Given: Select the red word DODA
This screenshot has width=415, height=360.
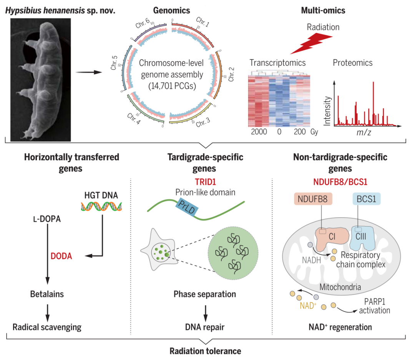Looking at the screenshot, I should [62, 256].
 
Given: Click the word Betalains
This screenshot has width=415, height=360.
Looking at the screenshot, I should [47, 294].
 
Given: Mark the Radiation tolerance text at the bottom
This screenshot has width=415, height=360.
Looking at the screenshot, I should [206, 351].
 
